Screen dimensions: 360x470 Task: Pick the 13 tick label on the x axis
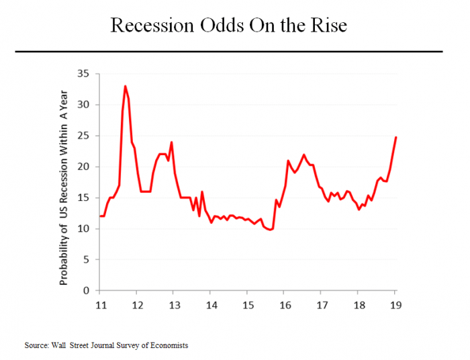pos(173,303)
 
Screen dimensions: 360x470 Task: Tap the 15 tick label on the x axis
pos(247,303)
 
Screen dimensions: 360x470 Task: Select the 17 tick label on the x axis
pos(321,303)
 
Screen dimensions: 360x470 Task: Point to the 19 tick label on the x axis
pos(395,303)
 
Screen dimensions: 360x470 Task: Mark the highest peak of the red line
pos(125,86)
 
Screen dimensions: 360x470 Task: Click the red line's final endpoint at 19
pos(395,137)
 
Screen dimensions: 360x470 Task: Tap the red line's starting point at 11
pos(100,216)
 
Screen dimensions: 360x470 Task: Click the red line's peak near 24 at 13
pos(172,142)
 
